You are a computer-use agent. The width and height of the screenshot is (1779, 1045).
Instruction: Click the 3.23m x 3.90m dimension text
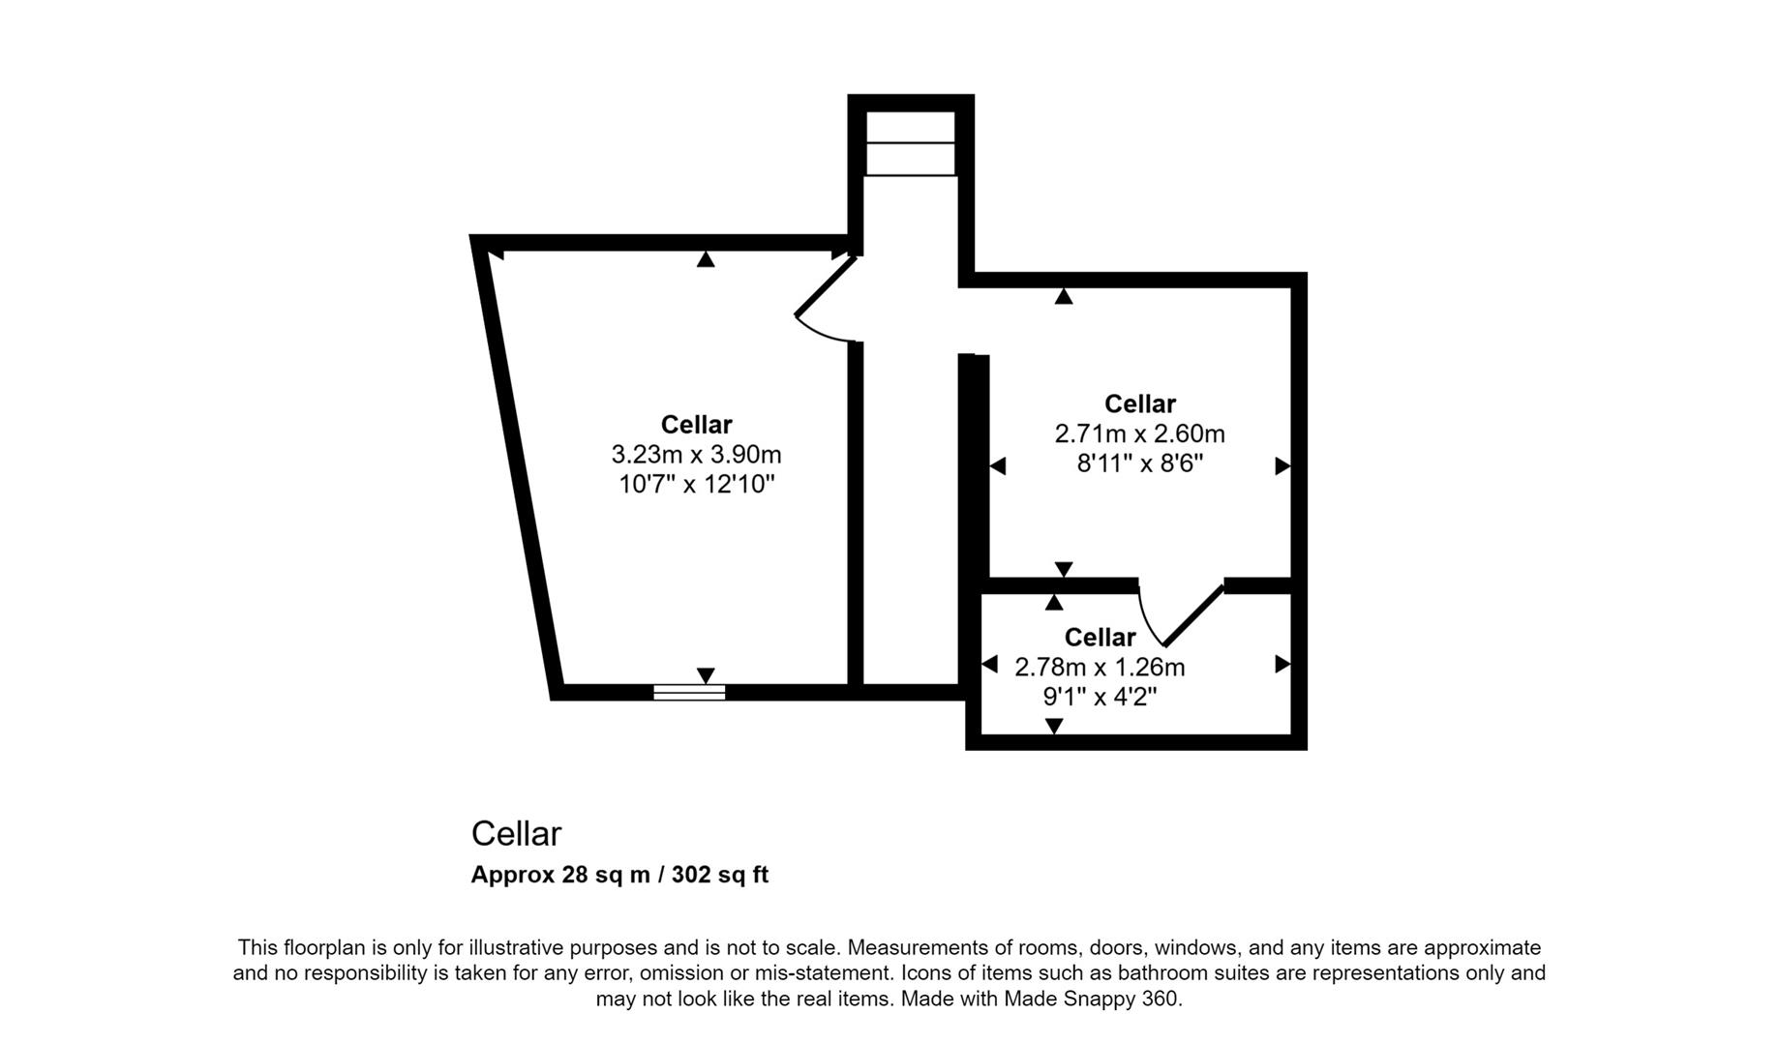pyautogui.click(x=696, y=454)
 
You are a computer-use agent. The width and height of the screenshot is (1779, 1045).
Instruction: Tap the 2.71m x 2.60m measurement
pyautogui.click(x=1139, y=433)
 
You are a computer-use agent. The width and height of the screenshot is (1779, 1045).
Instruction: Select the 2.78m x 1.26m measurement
pyautogui.click(x=1100, y=667)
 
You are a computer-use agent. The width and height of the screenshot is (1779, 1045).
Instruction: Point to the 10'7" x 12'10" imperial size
pyautogui.click(x=696, y=484)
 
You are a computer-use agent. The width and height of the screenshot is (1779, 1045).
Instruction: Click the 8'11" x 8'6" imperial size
pyautogui.click(x=1139, y=463)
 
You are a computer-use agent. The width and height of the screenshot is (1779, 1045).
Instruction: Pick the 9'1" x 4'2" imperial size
pyautogui.click(x=1100, y=697)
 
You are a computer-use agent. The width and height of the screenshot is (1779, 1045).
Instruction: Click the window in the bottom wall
pyautogui.click(x=689, y=692)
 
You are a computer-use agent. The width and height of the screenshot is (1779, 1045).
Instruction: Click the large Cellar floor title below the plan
pyautogui.click(x=516, y=833)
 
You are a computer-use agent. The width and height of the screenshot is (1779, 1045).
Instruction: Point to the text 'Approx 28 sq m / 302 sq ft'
pyautogui.click(x=619, y=875)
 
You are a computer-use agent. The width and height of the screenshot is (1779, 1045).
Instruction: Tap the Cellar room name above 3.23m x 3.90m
pyautogui.click(x=696, y=424)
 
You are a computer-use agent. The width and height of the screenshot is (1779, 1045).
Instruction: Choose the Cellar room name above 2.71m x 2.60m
pyautogui.click(x=1139, y=403)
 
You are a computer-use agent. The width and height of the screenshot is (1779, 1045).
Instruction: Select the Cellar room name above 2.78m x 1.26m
pyautogui.click(x=1100, y=637)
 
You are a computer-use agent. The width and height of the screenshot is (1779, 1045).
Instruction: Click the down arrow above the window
pyautogui.click(x=706, y=674)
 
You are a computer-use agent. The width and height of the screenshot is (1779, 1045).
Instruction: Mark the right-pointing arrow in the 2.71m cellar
pyautogui.click(x=1282, y=466)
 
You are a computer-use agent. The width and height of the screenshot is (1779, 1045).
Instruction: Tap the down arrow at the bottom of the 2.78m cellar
pyautogui.click(x=1054, y=726)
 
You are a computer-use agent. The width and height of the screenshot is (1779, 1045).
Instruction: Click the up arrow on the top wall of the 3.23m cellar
pyautogui.click(x=706, y=259)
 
